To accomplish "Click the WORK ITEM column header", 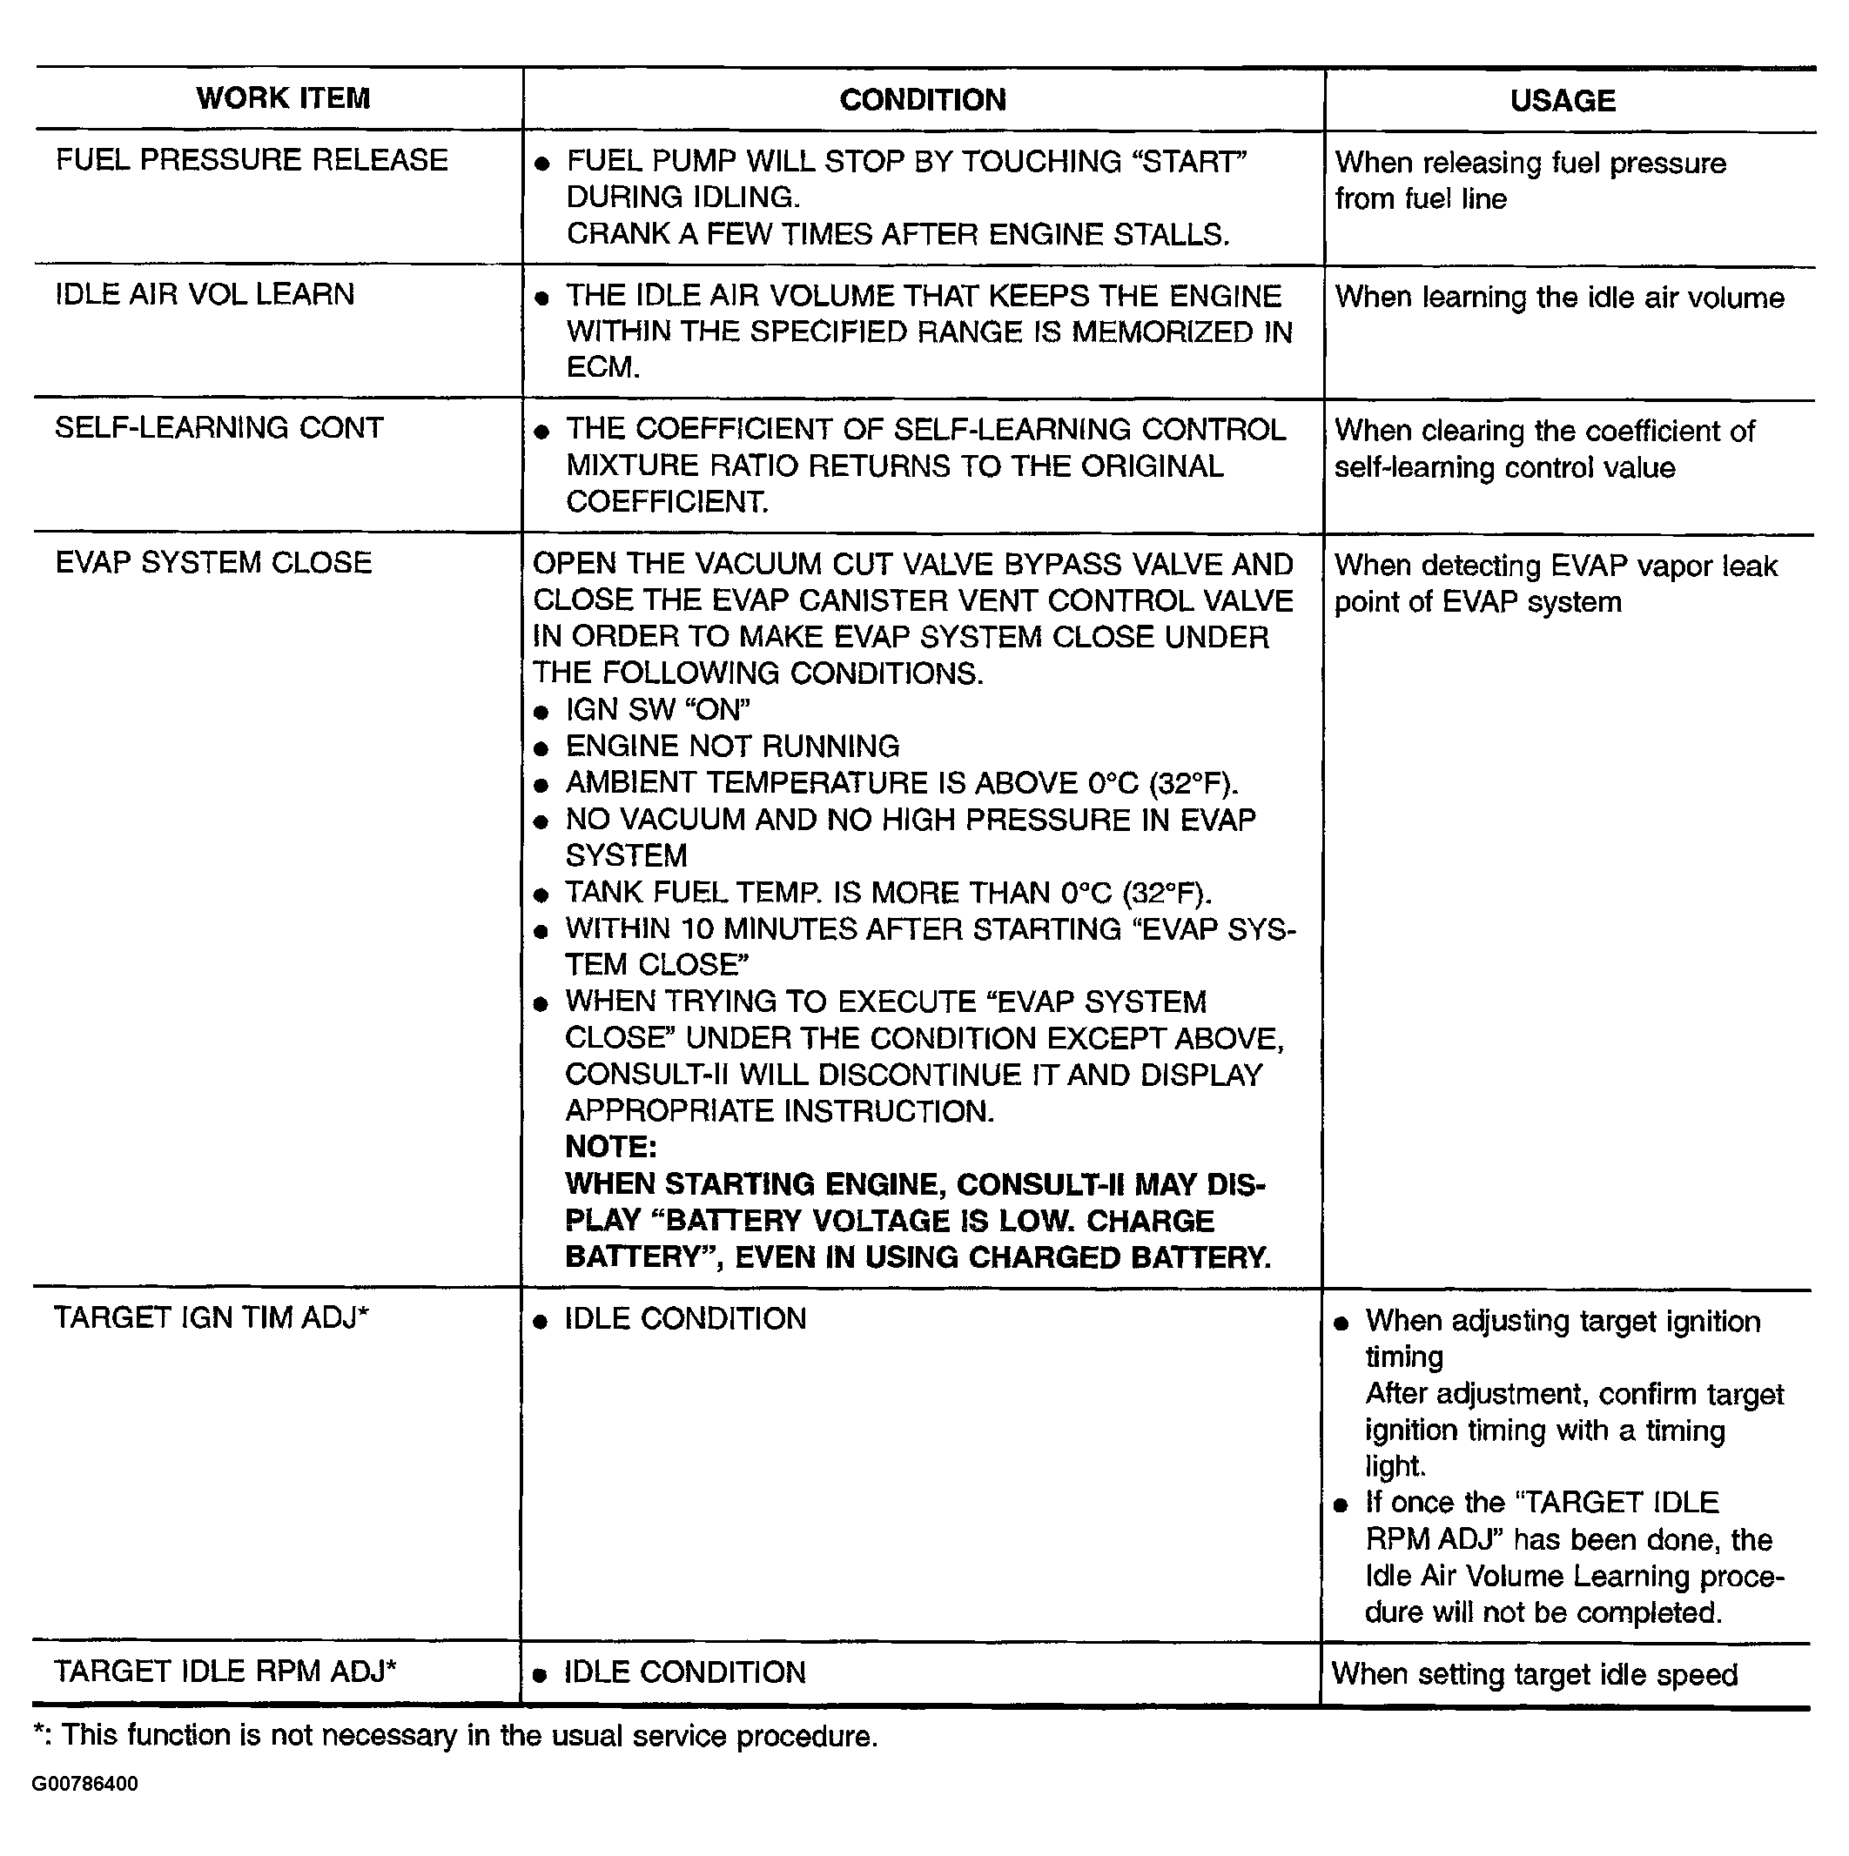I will point(283,98).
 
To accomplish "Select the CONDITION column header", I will point(922,100).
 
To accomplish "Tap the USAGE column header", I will point(1562,101).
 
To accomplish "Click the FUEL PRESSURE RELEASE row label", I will point(252,159).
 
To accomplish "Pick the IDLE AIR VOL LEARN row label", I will point(205,294).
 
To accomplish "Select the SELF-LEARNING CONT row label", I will point(219,427).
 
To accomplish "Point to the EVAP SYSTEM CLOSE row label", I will point(213,562).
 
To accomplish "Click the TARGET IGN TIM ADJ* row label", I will point(212,1317).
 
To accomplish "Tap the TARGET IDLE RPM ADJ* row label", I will point(225,1672).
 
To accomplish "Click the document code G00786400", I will point(84,1784).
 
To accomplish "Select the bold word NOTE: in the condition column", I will point(610,1147).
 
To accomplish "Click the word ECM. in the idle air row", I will point(602,368).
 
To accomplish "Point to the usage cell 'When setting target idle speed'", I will point(1534,1674).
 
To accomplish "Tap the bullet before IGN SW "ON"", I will point(541,712).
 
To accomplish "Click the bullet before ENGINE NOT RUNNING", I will point(541,748).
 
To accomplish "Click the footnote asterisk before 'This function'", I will point(38,1734).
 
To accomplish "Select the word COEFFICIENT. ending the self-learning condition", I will point(666,501).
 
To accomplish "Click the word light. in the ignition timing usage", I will point(1395,1466).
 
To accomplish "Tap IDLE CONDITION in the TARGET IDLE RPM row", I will point(684,1672).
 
